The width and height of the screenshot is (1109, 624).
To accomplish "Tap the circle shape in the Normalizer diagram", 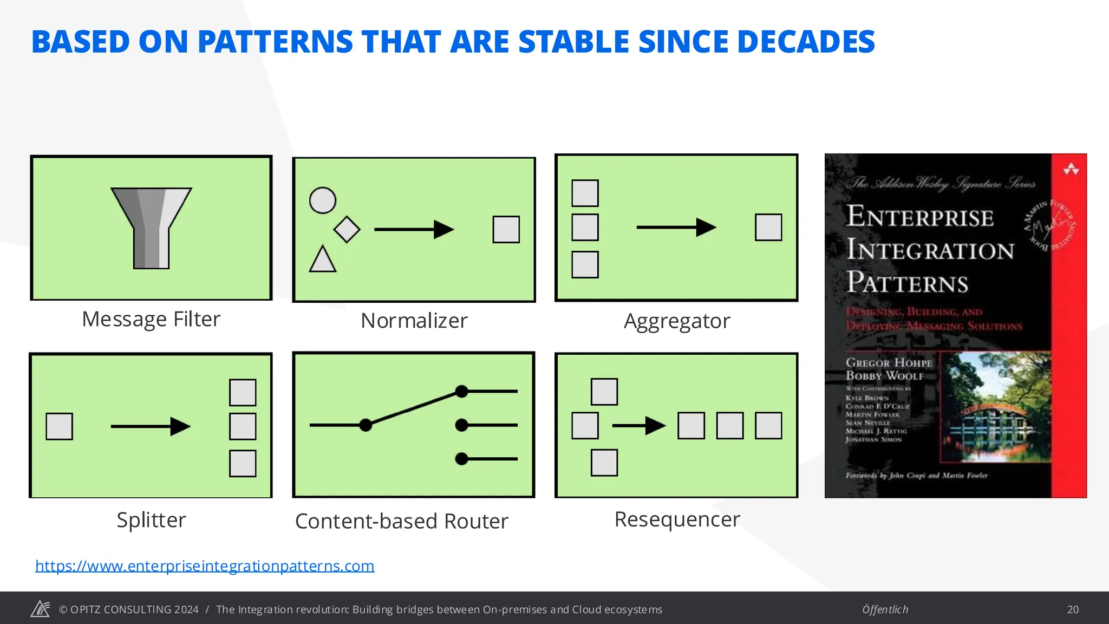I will pyautogui.click(x=323, y=200).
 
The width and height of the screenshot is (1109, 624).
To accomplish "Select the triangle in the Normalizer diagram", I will pyautogui.click(x=323, y=260).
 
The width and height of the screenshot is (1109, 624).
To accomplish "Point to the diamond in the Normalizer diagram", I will pyautogui.click(x=347, y=229).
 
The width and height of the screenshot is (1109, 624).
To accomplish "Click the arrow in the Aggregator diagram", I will pyautogui.click(x=676, y=227).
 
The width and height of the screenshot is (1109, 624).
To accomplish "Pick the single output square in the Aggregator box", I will pyautogui.click(x=768, y=227).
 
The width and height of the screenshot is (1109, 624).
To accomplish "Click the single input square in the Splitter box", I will pyautogui.click(x=60, y=426).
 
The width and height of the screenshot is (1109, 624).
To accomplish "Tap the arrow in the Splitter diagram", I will pyautogui.click(x=151, y=426).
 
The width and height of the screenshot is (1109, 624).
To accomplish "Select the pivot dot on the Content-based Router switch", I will pyautogui.click(x=366, y=425).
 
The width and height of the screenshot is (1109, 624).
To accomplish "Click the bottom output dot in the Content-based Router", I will pyautogui.click(x=461, y=459).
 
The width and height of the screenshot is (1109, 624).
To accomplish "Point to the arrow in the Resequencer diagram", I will pyautogui.click(x=639, y=426).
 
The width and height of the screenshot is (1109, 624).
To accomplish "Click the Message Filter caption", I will pyautogui.click(x=151, y=319).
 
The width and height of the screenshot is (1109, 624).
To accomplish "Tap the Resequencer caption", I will pyautogui.click(x=677, y=519).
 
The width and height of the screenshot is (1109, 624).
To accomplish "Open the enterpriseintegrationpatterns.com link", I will pyautogui.click(x=205, y=565).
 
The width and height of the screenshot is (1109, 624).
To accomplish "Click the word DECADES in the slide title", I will pyautogui.click(x=806, y=42).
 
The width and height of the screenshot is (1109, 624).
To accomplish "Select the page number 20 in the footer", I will pyautogui.click(x=1073, y=609).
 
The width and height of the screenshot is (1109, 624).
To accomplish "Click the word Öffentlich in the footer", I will pyautogui.click(x=885, y=609).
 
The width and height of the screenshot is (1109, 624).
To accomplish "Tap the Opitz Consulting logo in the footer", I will pyautogui.click(x=40, y=609).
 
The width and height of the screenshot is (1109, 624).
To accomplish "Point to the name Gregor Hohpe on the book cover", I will pyautogui.click(x=889, y=362).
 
